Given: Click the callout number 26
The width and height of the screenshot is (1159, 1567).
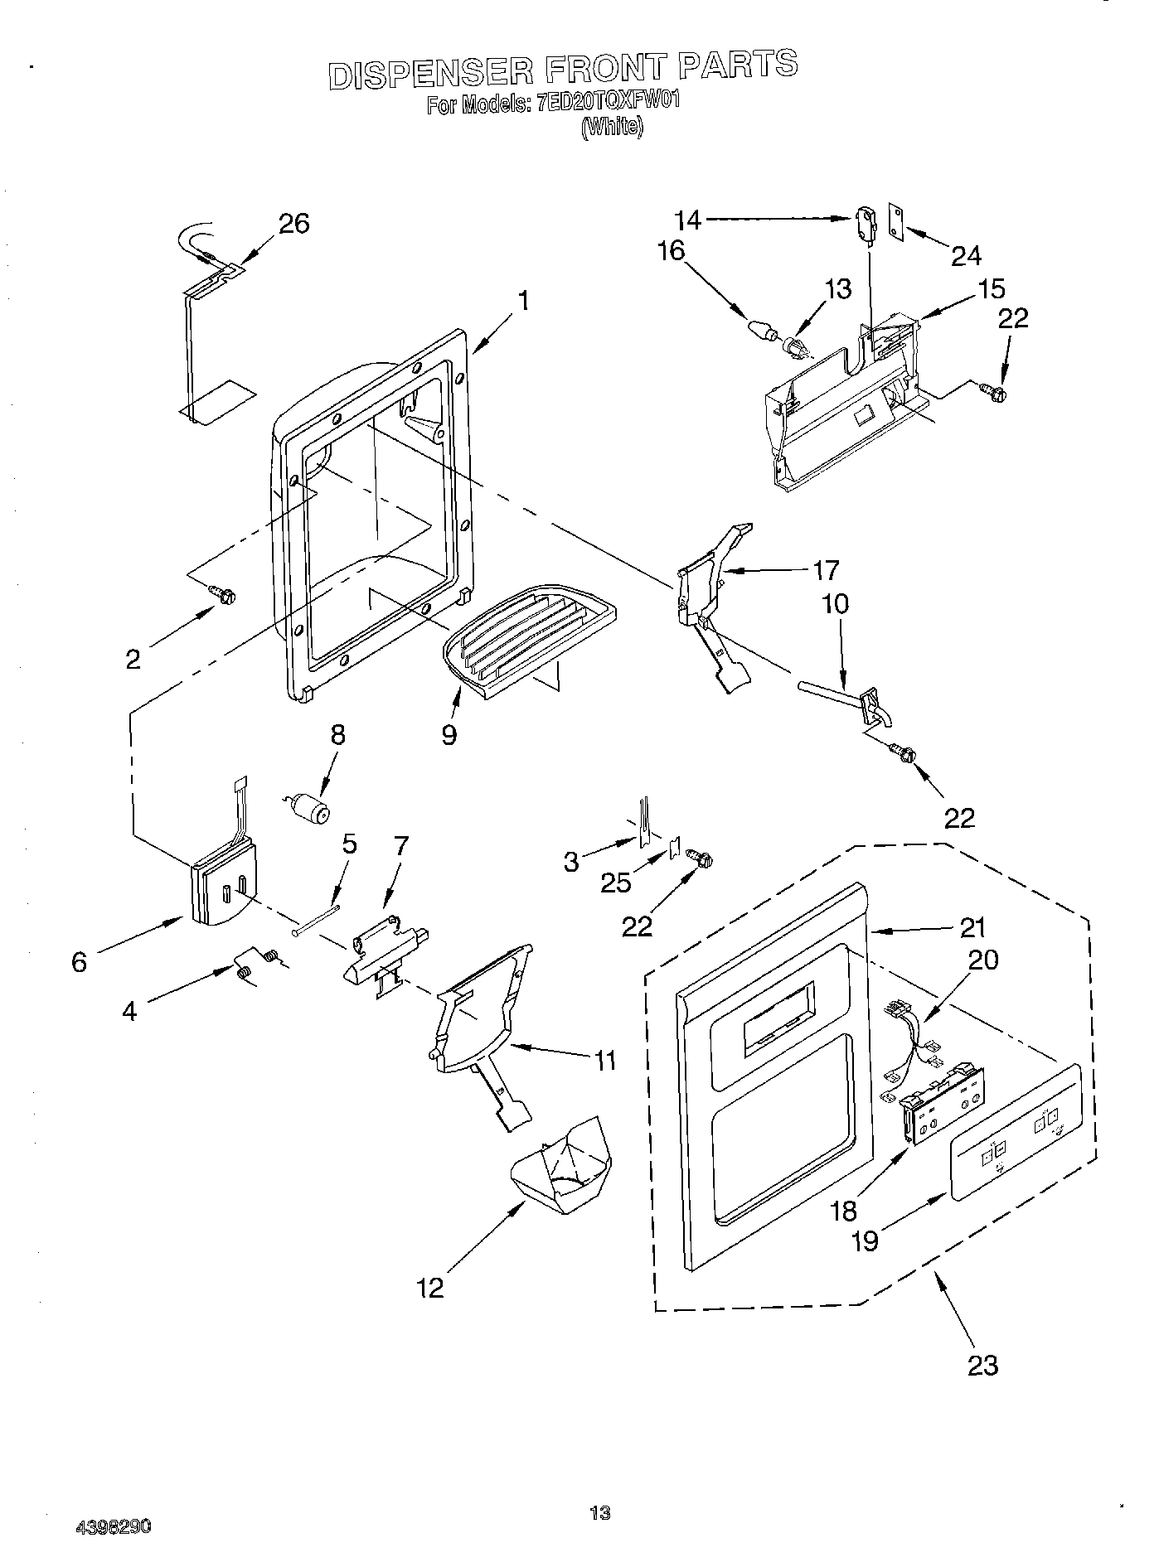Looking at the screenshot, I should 293,224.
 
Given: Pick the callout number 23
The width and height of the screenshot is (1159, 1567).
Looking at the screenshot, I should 982,1365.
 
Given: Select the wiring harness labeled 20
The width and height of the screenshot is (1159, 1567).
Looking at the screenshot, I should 911,1038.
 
